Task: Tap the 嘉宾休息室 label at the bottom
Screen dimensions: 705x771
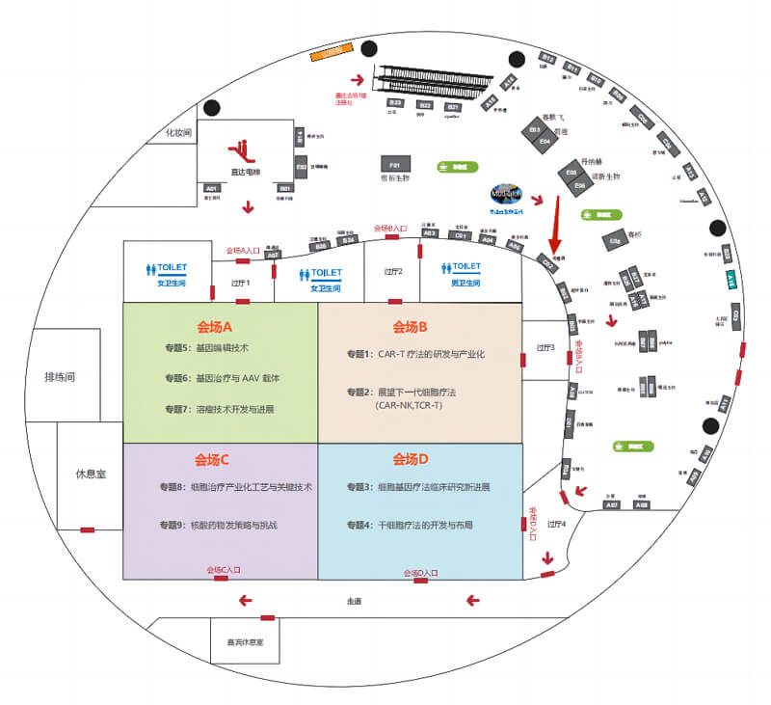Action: tap(246, 641)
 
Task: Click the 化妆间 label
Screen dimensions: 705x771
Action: tap(180, 132)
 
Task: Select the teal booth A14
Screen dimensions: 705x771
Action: tap(731, 281)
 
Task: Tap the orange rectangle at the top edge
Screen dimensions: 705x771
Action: tap(329, 52)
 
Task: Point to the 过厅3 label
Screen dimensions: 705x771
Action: tap(545, 348)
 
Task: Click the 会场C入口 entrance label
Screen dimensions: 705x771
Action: tap(225, 570)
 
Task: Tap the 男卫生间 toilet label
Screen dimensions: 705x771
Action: tap(466, 283)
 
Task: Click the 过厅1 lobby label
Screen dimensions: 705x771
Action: tap(241, 284)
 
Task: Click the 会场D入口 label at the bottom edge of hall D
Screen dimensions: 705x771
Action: tap(421, 573)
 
